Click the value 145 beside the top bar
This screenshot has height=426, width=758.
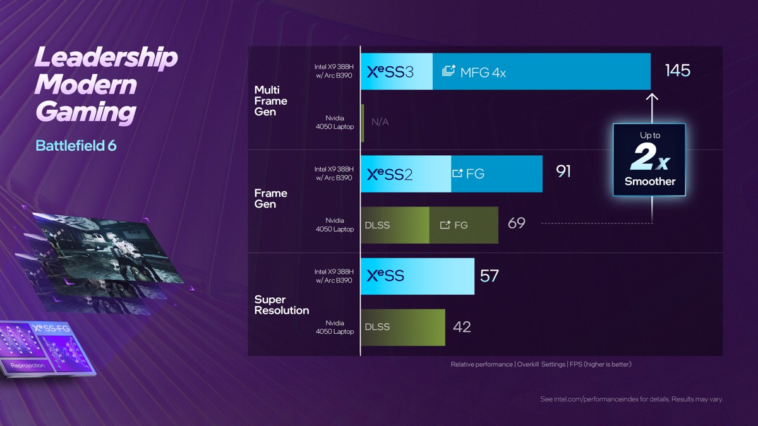[x=677, y=71]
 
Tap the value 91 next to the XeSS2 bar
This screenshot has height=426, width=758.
[x=563, y=172]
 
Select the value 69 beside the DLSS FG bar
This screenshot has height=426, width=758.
[x=516, y=223]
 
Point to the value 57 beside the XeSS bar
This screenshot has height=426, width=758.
[x=489, y=276]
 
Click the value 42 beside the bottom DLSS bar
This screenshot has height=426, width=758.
[x=462, y=327]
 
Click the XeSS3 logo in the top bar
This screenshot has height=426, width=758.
[x=390, y=72]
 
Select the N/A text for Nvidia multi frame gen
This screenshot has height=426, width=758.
[x=380, y=122]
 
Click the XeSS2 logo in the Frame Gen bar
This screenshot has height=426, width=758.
[x=390, y=174]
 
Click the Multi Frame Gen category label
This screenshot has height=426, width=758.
[x=270, y=101]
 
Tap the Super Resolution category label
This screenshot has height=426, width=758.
[x=282, y=305]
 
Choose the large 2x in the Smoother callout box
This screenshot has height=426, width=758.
[x=649, y=158]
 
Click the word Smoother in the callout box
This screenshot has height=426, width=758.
[x=650, y=182]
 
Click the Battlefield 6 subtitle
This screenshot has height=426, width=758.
[x=76, y=146]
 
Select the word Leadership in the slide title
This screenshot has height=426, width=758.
[x=106, y=57]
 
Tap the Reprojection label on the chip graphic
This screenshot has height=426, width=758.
[x=27, y=365]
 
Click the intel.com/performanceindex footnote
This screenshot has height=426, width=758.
[x=632, y=399]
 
